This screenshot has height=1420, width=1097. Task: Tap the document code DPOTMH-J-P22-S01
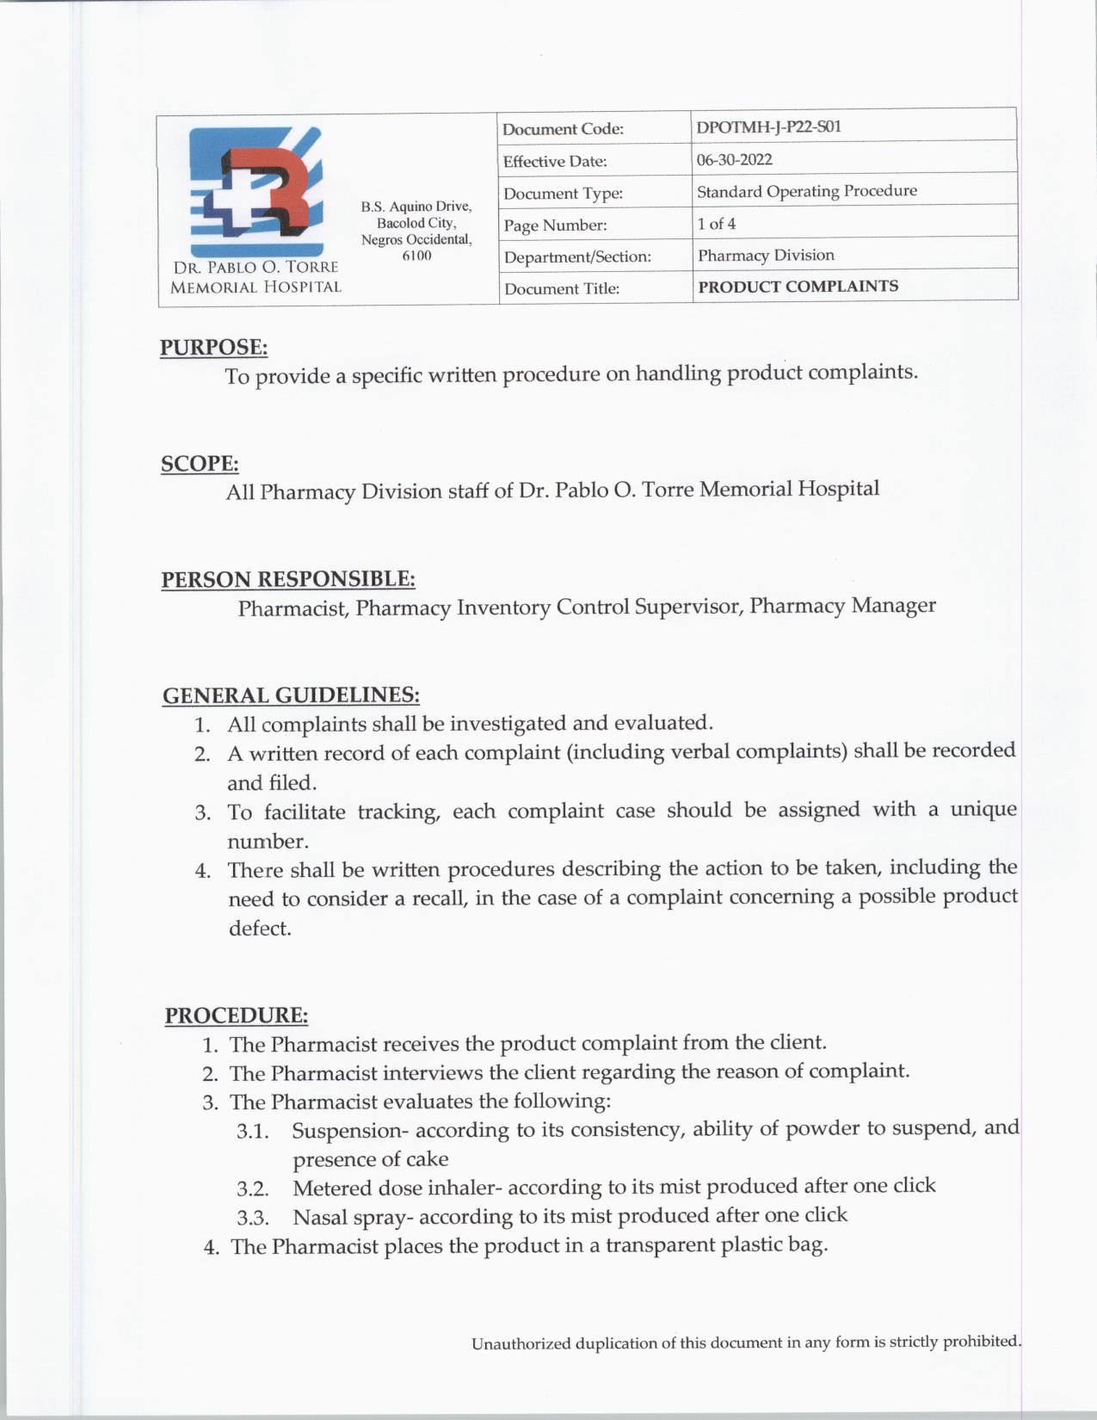(x=768, y=127)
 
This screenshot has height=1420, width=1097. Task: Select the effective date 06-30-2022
(x=734, y=159)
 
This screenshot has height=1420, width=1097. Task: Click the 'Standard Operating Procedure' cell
(x=806, y=191)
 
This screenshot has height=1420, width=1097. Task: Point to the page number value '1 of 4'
(x=716, y=224)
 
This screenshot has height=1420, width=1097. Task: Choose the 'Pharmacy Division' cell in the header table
(x=766, y=256)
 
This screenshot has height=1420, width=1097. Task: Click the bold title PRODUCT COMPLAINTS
(x=798, y=287)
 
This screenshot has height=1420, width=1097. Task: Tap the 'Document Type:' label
(x=563, y=194)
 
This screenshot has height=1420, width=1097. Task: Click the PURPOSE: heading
(x=213, y=348)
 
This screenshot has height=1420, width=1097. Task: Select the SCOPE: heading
(x=200, y=464)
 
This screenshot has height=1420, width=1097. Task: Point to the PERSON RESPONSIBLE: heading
(x=288, y=579)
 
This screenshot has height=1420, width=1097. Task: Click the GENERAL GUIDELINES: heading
(x=291, y=695)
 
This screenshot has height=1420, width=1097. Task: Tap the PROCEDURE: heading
(x=237, y=1016)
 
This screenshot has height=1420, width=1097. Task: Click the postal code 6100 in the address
(x=416, y=256)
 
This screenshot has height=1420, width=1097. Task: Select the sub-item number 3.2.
(x=253, y=1189)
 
